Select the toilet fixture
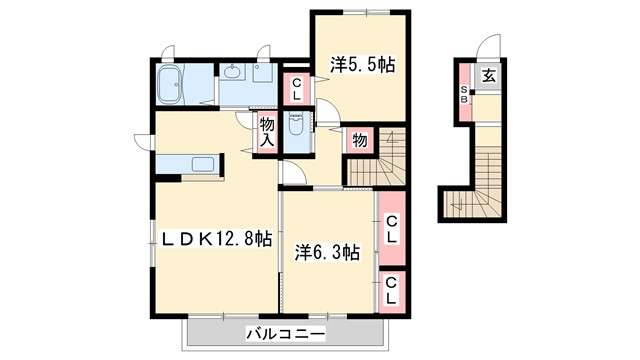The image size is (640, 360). tap(297, 127)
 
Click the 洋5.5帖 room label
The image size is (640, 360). tap(363, 65)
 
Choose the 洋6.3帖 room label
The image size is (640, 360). tap(326, 253)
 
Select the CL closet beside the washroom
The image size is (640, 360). tap(297, 89)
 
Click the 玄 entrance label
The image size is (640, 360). tap(489, 76)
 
